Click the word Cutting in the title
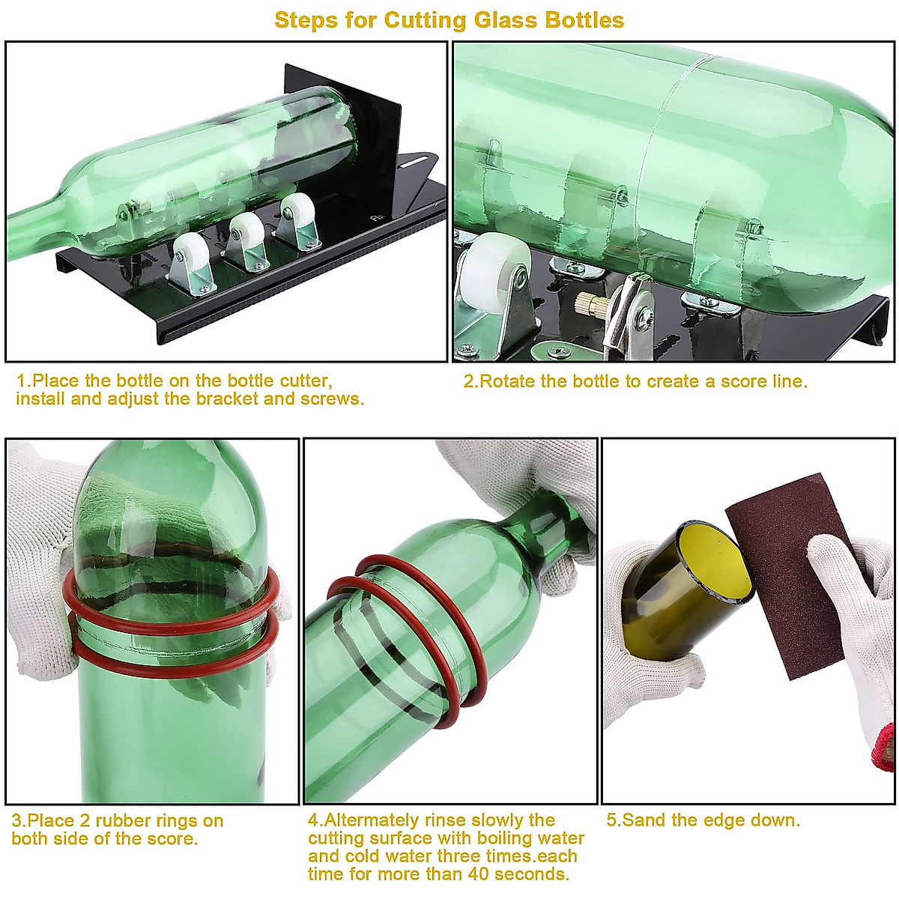[x=423, y=20]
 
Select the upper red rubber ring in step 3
[x=172, y=607]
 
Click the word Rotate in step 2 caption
[x=507, y=381]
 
